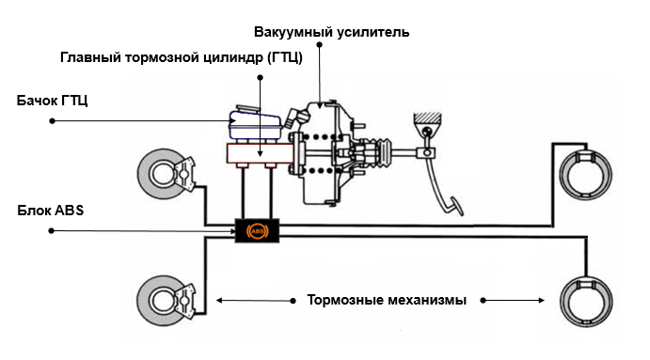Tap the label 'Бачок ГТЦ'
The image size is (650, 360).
[x=53, y=100]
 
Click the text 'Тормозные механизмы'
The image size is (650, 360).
[x=387, y=301]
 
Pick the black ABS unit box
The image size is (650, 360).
[x=255, y=230]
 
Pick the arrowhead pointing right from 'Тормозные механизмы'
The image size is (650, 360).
[x=543, y=302]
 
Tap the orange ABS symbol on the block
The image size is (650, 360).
[x=255, y=230]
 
